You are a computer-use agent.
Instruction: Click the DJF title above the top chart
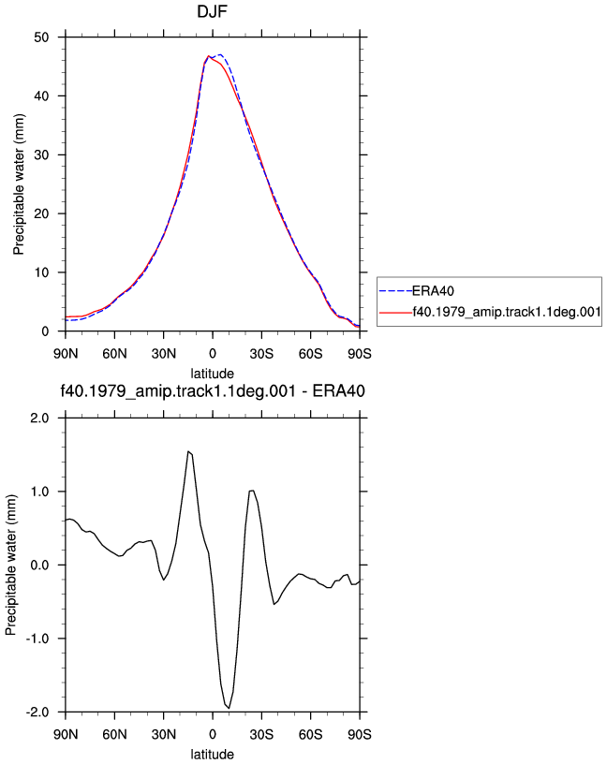[212, 11]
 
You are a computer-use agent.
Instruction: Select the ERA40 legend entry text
[433, 291]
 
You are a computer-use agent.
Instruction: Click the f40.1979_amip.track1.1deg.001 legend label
[507, 312]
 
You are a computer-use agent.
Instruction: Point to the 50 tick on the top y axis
[41, 37]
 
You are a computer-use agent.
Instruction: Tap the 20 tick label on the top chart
[41, 213]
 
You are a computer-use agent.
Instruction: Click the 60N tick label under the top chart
[114, 354]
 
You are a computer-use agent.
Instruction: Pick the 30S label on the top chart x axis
[261, 354]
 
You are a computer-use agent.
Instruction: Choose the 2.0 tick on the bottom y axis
[39, 419]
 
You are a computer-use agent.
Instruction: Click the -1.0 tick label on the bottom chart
[37, 639]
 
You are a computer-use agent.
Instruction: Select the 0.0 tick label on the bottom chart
[39, 566]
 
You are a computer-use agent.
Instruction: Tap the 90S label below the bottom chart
[360, 734]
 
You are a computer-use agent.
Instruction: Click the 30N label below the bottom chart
[163, 734]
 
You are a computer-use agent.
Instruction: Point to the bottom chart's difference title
[212, 390]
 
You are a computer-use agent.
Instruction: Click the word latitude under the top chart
[212, 374]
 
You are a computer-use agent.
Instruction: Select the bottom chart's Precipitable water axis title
[10, 566]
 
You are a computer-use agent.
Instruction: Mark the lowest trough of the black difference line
[229, 708]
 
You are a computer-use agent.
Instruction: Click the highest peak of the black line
[188, 451]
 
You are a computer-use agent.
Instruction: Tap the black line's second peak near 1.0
[252, 491]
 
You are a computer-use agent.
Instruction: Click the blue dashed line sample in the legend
[395, 291]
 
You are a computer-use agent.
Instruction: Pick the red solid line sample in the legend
[395, 313]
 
